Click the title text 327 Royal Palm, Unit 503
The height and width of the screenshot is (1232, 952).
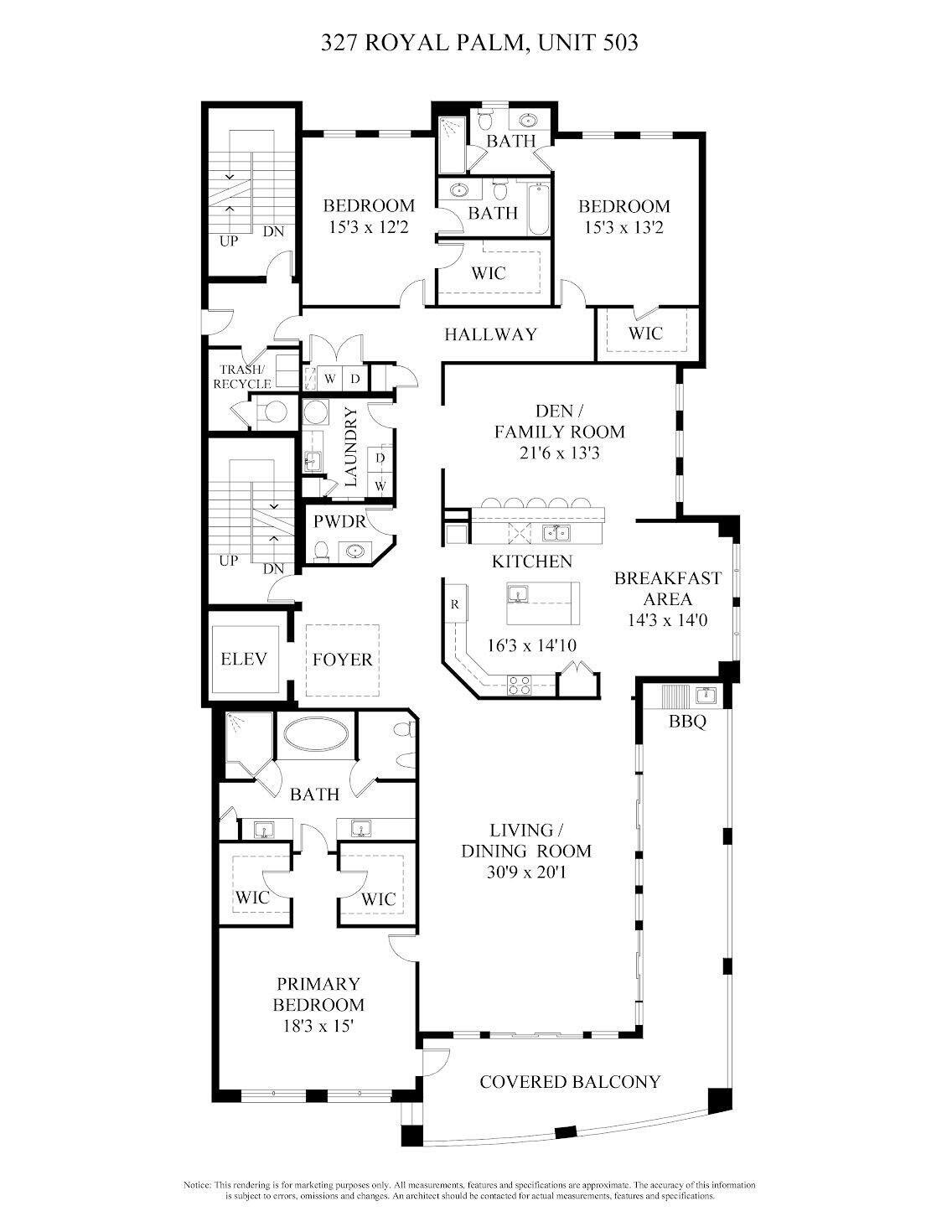click(x=479, y=43)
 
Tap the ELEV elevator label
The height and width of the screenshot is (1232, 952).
click(x=243, y=660)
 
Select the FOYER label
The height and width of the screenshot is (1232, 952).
click(x=342, y=660)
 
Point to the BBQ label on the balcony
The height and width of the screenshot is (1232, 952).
click(x=687, y=721)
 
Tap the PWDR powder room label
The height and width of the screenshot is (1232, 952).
click(x=339, y=521)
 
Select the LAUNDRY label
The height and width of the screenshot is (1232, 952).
click(x=350, y=447)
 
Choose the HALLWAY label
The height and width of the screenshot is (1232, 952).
click(x=490, y=334)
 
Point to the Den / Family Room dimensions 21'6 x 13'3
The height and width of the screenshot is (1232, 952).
click(x=559, y=453)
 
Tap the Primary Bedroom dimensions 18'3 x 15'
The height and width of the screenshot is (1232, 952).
click(x=318, y=1025)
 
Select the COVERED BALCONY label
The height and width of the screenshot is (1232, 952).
click(x=570, y=1082)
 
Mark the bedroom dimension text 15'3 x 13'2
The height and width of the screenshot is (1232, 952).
click(x=624, y=227)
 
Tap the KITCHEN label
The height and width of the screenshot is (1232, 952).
click(x=531, y=562)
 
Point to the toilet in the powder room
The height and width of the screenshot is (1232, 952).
click(x=322, y=551)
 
